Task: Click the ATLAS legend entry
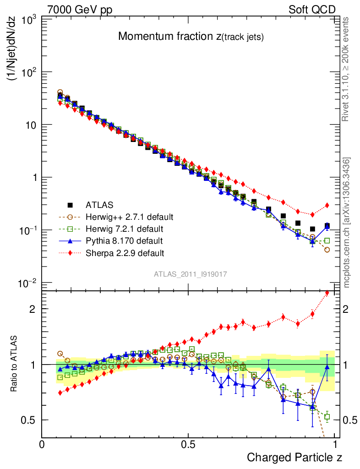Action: (100, 205)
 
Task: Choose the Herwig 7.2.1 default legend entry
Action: (125, 229)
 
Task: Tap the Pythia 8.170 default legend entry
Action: (124, 240)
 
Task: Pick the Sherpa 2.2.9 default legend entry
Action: (125, 252)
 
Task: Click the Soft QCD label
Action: (312, 10)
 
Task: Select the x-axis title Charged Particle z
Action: (294, 457)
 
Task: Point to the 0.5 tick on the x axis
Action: (188, 445)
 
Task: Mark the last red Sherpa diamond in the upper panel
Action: (327, 205)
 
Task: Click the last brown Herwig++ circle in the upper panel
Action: (327, 250)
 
